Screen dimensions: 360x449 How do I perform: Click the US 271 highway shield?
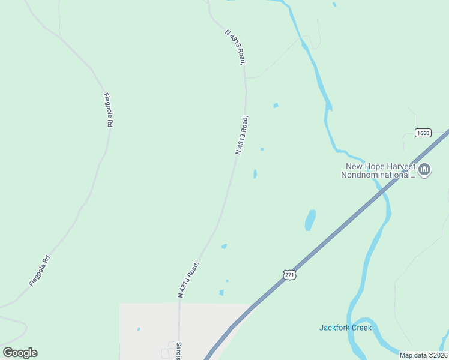tap(289, 274)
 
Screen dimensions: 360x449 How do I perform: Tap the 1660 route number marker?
tap(423, 133)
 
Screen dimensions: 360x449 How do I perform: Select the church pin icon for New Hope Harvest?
tap(425, 170)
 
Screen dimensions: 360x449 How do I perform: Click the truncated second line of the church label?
tap(378, 175)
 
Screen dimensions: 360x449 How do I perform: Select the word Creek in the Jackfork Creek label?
tap(361, 328)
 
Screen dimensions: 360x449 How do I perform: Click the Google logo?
tap(20, 353)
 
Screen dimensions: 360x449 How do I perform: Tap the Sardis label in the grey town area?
tap(179, 350)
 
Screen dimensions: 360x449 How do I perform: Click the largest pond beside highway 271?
tap(310, 220)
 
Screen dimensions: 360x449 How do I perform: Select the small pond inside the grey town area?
tap(139, 329)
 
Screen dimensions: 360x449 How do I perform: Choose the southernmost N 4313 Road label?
tap(188, 280)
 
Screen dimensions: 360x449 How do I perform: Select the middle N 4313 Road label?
tap(241, 136)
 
